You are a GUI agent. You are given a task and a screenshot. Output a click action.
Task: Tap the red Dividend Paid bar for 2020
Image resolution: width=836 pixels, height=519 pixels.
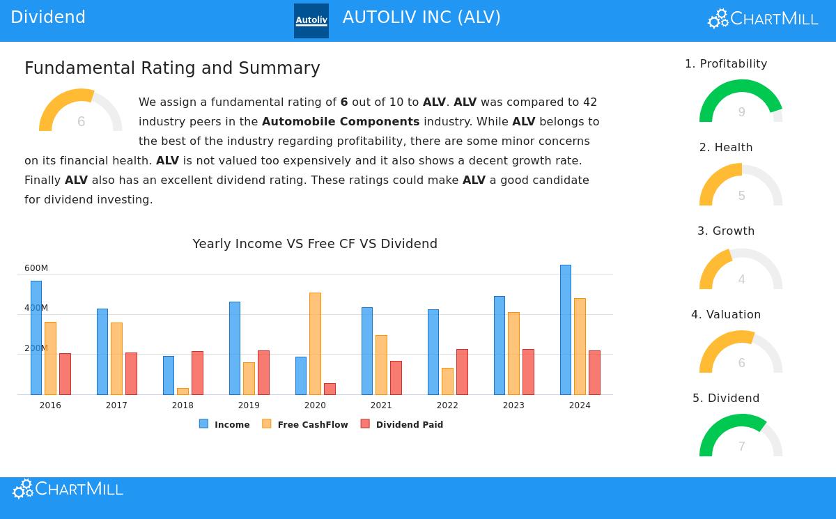330,389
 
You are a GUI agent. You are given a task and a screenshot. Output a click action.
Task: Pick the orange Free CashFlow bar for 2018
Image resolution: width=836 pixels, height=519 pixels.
183,392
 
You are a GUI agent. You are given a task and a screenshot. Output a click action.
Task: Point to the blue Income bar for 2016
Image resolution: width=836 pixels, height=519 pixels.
36,338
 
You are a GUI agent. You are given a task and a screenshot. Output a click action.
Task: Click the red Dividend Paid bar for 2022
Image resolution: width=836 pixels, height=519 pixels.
462,372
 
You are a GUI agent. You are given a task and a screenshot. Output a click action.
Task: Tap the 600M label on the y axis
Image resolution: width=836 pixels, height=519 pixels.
36,268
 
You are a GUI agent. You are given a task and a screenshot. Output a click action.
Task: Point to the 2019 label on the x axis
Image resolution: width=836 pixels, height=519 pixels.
249,405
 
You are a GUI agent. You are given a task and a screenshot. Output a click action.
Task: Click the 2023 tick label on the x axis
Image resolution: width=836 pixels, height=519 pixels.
513,405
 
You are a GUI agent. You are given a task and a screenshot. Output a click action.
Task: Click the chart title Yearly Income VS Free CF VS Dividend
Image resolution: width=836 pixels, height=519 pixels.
315,244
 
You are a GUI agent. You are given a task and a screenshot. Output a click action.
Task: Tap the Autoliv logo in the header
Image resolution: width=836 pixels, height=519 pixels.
311,21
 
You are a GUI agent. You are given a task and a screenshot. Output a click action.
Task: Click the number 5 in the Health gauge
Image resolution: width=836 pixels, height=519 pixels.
741,196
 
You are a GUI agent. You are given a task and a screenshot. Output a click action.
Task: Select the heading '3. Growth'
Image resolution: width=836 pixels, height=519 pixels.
726,231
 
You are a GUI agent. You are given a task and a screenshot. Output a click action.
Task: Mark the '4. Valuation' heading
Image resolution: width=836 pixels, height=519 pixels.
726,315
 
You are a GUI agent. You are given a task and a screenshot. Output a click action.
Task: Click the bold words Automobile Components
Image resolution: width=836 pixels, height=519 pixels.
341,122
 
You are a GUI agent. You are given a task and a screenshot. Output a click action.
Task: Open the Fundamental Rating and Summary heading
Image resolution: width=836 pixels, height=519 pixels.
172,68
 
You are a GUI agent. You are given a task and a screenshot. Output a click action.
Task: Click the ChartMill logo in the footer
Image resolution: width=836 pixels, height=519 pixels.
68,489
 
